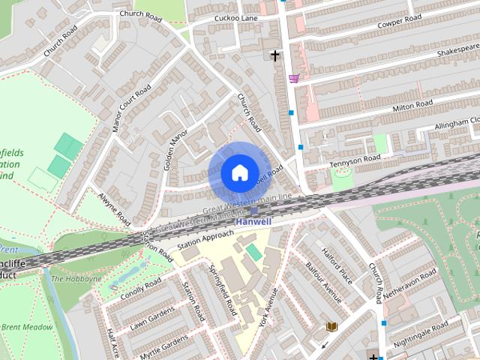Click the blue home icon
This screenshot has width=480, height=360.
(238, 172)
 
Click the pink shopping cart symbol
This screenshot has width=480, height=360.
(293, 77)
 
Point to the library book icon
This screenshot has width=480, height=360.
(331, 326)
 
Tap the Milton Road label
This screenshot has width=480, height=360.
(412, 107)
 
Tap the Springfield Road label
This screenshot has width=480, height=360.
(223, 289)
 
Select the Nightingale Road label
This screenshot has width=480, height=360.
(421, 330)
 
